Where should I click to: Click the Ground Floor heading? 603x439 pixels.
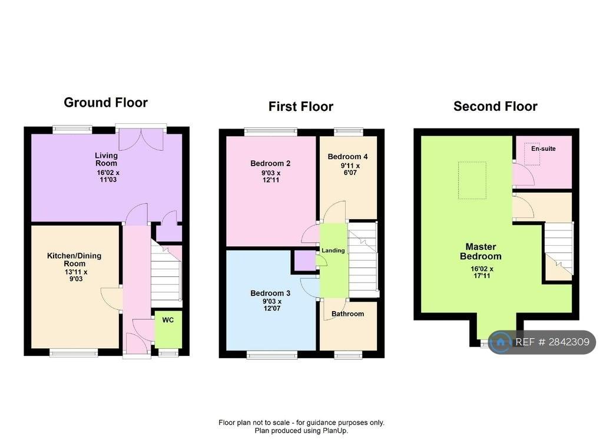click(106, 103)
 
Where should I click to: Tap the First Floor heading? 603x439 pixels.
click(301, 106)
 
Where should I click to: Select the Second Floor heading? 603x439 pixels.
click(495, 106)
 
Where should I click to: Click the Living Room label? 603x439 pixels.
click(107, 159)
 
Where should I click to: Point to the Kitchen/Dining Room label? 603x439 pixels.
click(74, 259)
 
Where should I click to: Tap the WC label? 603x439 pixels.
click(168, 320)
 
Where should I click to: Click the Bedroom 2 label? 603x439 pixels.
click(270, 163)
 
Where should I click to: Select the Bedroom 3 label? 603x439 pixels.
click(270, 293)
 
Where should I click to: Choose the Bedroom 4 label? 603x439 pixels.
click(347, 157)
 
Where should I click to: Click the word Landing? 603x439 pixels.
click(333, 250)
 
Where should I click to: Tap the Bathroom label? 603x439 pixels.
click(347, 313)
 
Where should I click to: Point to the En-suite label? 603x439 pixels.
click(544, 148)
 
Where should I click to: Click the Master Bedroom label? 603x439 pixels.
click(481, 251)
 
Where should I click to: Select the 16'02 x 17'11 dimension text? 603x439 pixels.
click(482, 272)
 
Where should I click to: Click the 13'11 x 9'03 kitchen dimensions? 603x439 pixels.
click(76, 275)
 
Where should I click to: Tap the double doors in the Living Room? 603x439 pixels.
click(141, 139)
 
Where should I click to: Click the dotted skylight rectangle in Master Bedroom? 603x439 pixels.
click(472, 180)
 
